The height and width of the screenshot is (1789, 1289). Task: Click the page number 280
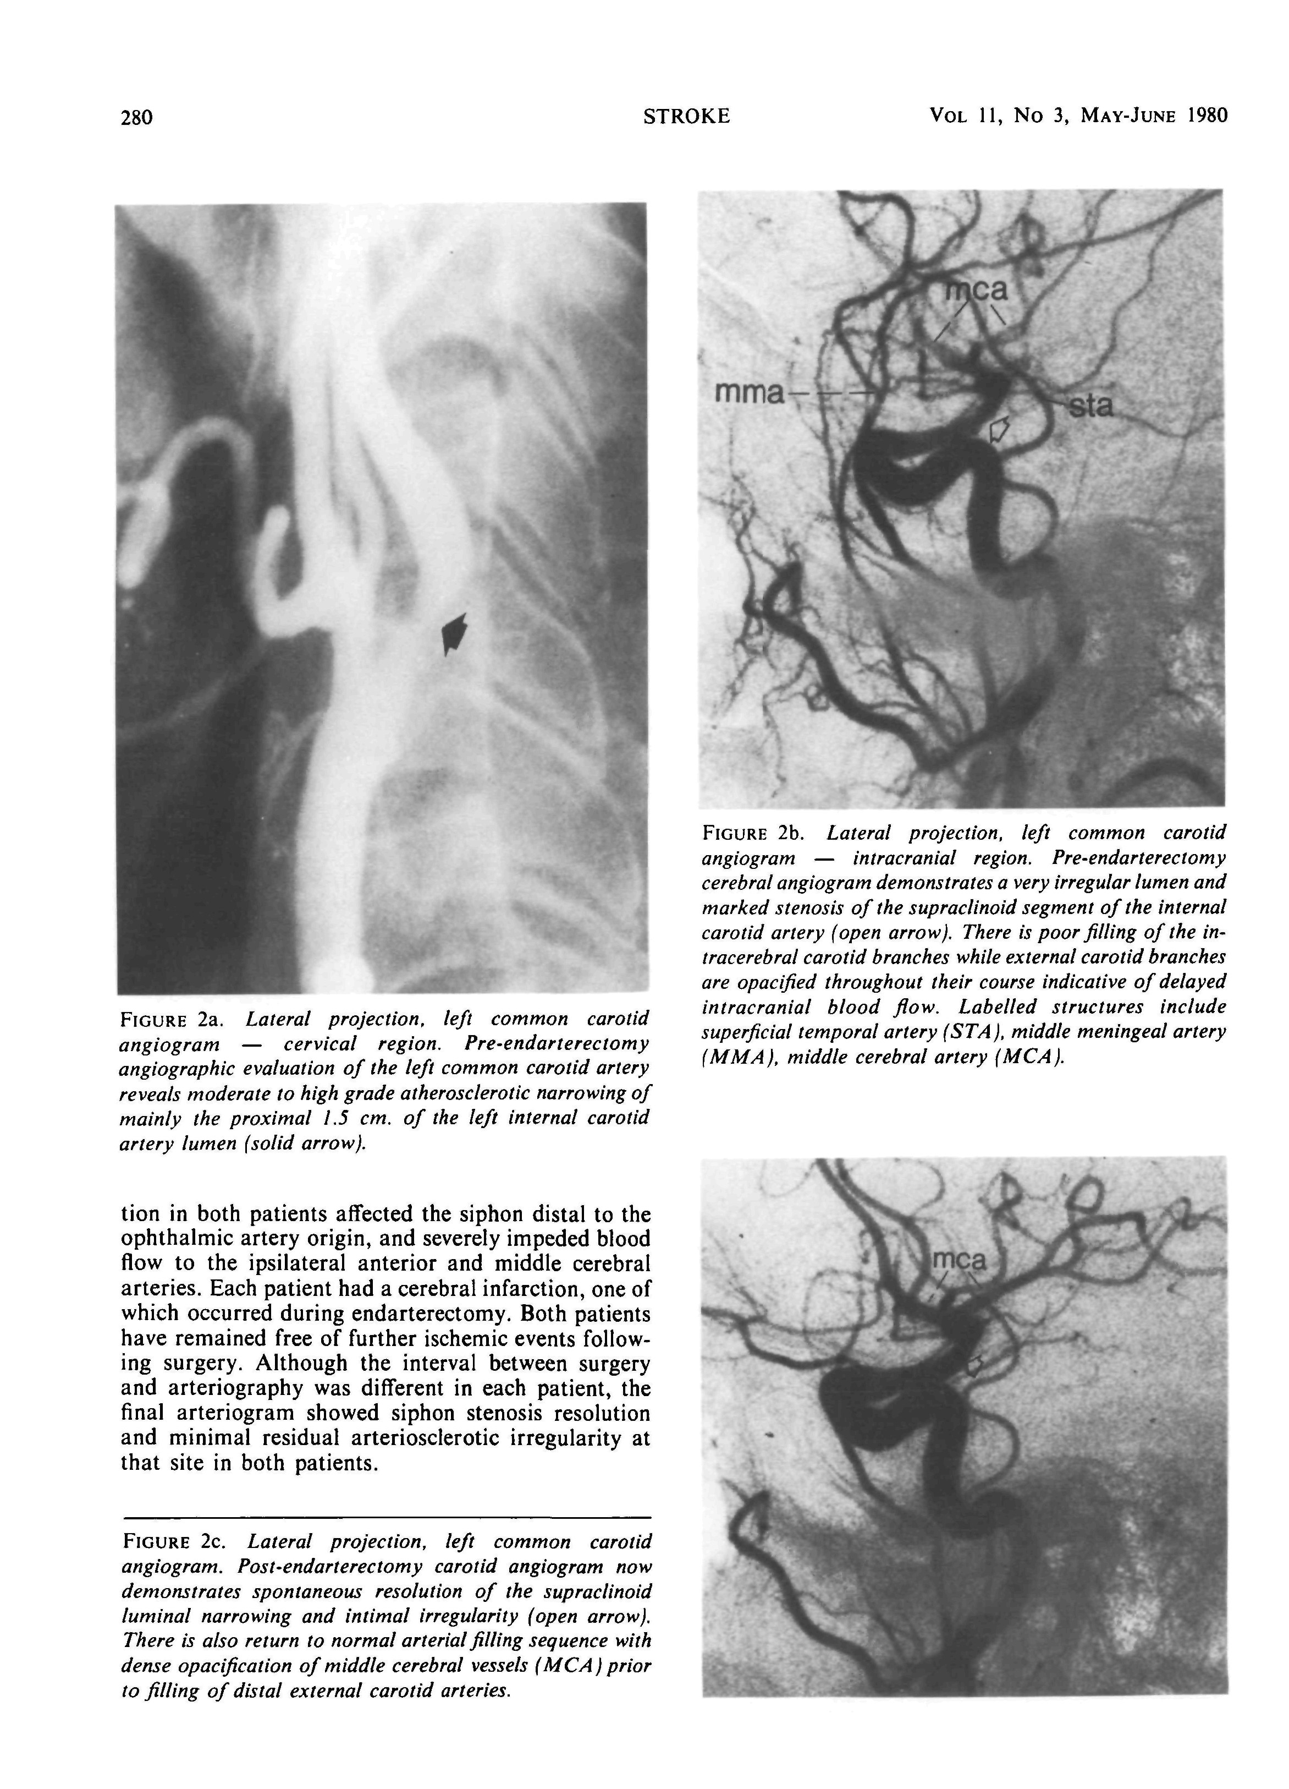136,118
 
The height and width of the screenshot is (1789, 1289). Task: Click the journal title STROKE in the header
686,117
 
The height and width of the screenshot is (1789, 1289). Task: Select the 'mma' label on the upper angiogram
748,392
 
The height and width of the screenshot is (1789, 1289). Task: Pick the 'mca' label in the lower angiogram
958,1261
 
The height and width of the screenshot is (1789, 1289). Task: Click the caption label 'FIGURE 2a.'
169,1019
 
